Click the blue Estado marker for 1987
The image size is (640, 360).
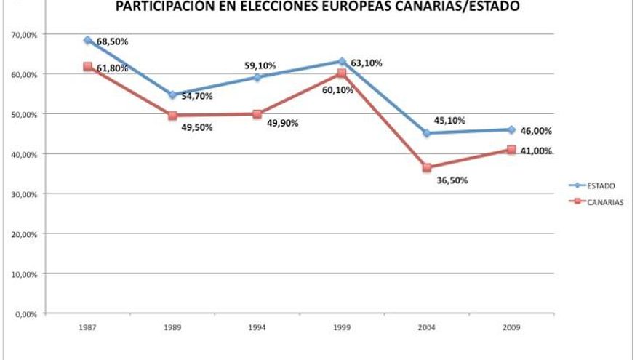pos(87,40)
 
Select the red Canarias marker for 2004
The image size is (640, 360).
pos(427,168)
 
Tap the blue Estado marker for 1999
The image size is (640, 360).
pos(342,61)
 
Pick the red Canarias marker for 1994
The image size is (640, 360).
pos(257,114)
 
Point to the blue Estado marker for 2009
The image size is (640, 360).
pos(511,129)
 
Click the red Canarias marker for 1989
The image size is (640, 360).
pos(172,116)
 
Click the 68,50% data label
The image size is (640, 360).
pos(112,41)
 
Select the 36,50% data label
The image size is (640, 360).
pos(452,180)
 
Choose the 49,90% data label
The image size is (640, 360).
pos(282,123)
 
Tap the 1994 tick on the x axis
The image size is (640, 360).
pos(257,327)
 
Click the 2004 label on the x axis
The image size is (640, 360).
pos(427,327)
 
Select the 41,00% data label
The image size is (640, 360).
pos(537,151)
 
